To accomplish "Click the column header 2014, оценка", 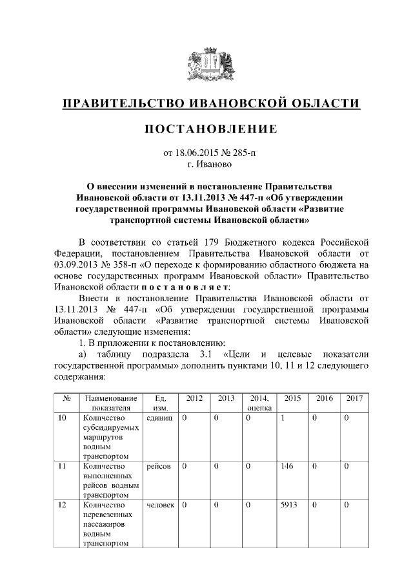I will tap(259, 403).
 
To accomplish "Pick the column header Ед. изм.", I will tap(158, 403).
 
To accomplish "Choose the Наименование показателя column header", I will tap(106, 403).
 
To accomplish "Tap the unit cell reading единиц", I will tap(159, 418).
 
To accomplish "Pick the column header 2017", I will tap(354, 398).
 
